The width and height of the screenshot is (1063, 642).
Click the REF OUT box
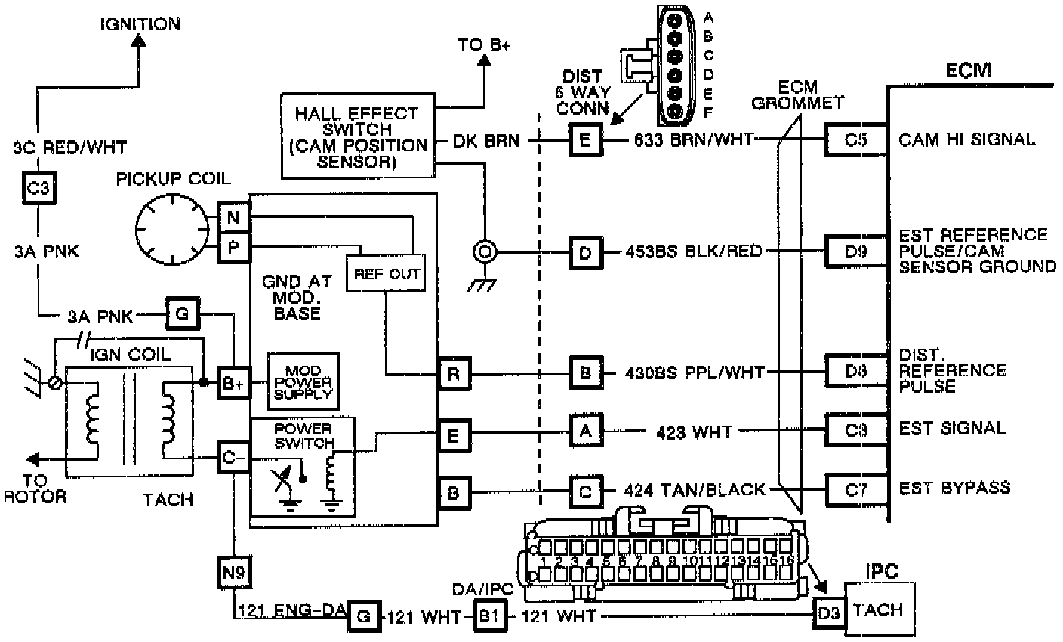[385, 273]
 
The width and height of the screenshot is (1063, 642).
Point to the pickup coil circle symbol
[171, 227]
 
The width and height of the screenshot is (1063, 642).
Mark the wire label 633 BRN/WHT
[692, 140]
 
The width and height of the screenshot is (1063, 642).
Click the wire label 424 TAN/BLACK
[695, 489]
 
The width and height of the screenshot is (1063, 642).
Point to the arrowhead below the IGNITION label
[140, 45]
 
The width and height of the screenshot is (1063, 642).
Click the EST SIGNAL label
[952, 428]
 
